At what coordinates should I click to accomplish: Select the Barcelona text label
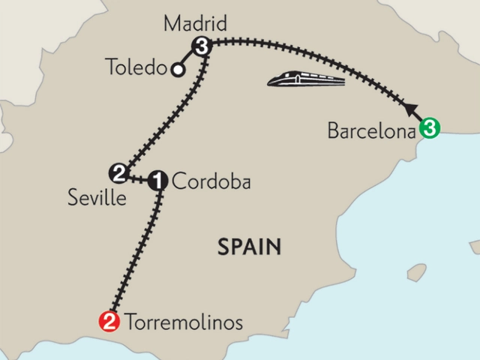point(371,130)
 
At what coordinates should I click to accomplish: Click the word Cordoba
point(209,181)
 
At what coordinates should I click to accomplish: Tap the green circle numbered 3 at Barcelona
point(428,129)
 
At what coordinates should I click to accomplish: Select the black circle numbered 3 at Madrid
point(200,47)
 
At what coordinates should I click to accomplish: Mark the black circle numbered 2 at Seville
point(118,173)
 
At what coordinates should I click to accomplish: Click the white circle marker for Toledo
point(178,70)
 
